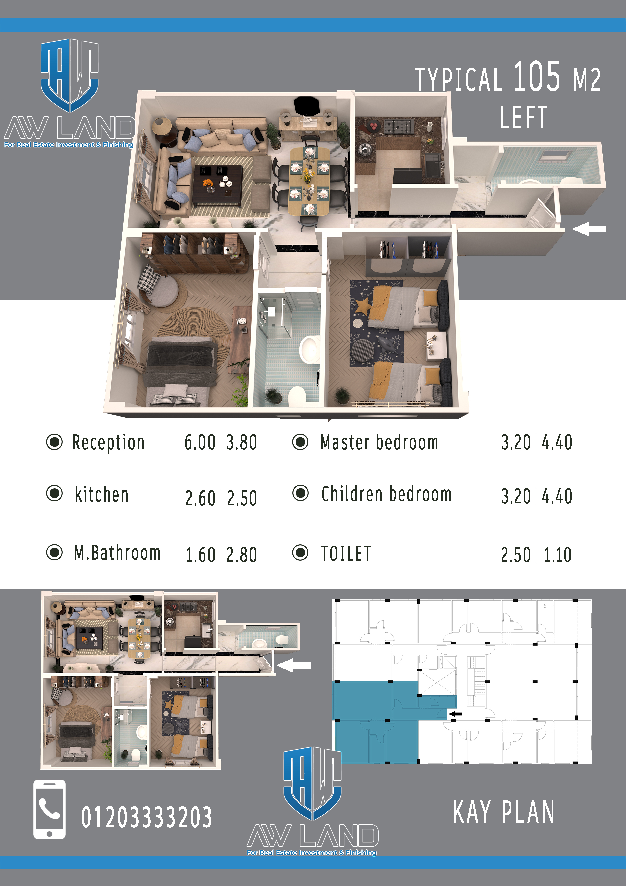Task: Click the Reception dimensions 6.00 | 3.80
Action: [x=221, y=442]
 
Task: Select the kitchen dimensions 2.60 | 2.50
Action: [x=221, y=498]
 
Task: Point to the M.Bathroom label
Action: [x=117, y=553]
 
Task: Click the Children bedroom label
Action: [x=386, y=494]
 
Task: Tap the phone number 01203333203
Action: [x=146, y=817]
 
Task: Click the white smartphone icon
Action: [x=49, y=809]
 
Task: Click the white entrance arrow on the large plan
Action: [x=589, y=229]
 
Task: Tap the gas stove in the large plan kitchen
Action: [x=398, y=127]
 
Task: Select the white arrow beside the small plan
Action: [x=294, y=665]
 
